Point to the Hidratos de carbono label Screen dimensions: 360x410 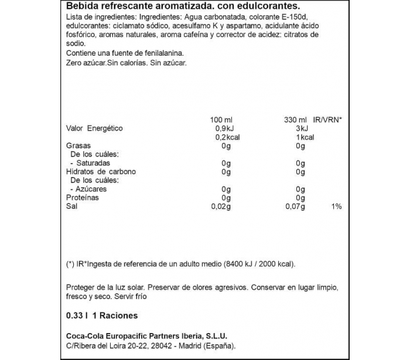tap(100, 172)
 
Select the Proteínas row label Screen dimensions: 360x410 tap(82, 198)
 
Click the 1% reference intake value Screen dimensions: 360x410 tap(336, 207)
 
